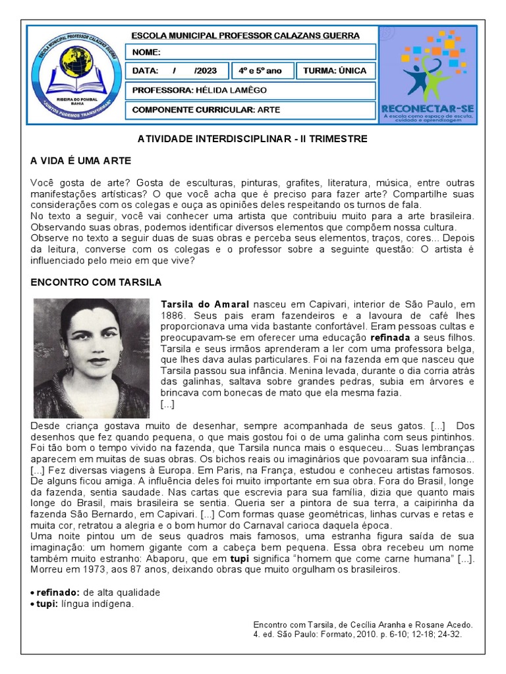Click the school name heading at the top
click(x=246, y=36)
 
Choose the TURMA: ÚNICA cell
click(x=335, y=71)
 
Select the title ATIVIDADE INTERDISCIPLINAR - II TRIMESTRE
click(x=252, y=140)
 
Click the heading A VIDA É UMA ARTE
click(x=81, y=161)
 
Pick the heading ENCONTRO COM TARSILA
click(x=96, y=282)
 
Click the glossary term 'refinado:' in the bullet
click(x=58, y=592)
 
